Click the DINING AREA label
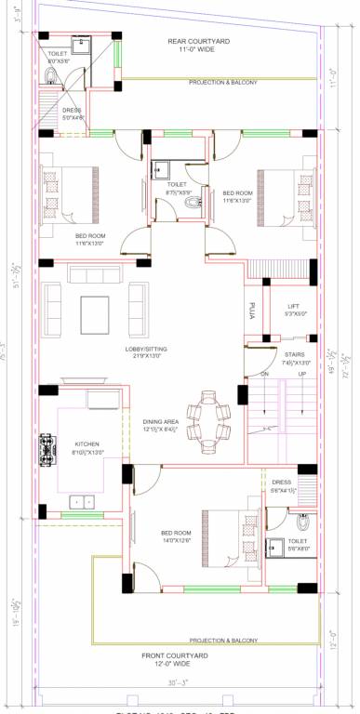tap(163, 426)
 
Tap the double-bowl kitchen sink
tap(84, 502)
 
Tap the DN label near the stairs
tap(264, 375)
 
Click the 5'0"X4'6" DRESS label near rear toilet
tap(73, 114)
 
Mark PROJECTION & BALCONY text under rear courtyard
tap(223, 83)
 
